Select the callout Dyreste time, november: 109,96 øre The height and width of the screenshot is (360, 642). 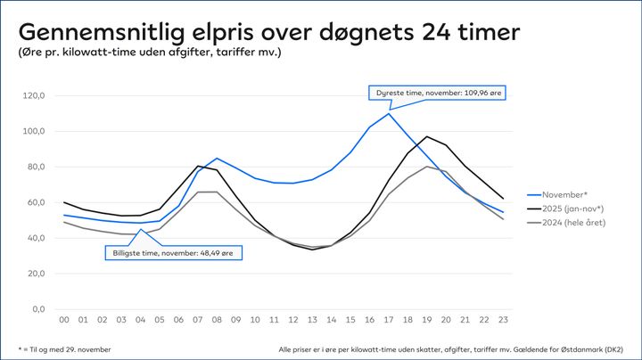pos(438,92)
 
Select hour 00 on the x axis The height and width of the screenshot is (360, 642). pos(64,320)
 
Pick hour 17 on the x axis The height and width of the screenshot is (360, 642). pos(389,320)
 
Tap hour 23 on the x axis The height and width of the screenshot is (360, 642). pos(504,320)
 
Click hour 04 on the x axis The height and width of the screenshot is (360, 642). pos(141,320)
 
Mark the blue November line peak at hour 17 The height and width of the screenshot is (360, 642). pos(389,113)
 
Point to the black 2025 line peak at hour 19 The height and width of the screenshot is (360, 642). pos(427,136)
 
